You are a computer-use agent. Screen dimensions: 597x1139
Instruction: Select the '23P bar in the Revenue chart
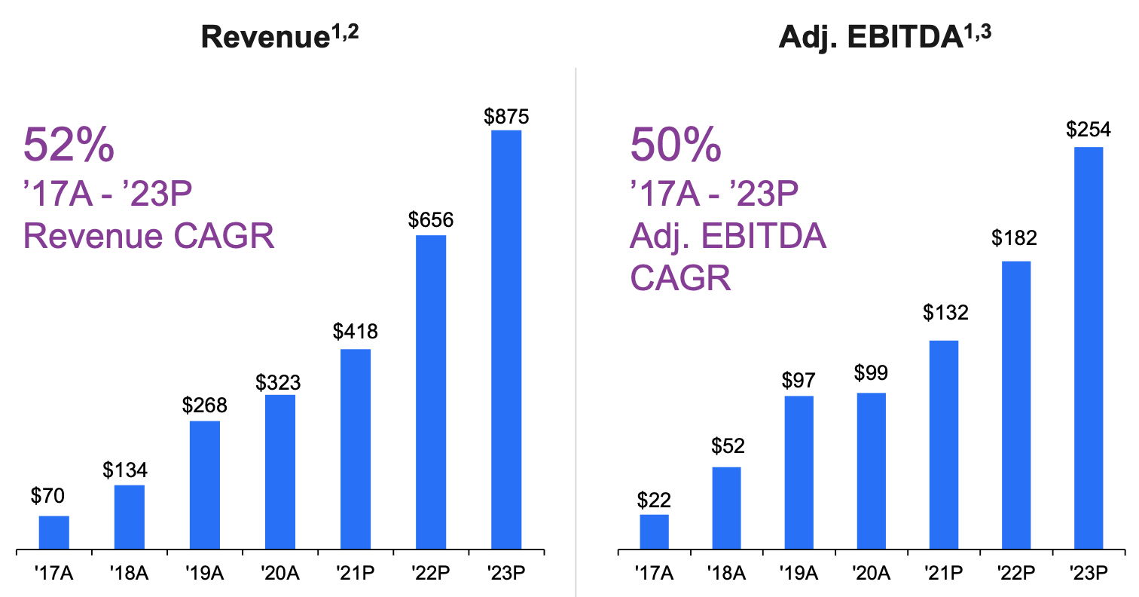point(505,339)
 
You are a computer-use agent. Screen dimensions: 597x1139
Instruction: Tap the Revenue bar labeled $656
point(430,392)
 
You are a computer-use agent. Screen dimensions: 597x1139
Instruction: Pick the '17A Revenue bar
point(54,532)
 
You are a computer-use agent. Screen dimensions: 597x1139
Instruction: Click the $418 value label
point(356,331)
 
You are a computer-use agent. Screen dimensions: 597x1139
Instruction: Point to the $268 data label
point(205,405)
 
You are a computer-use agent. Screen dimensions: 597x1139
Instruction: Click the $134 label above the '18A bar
point(126,470)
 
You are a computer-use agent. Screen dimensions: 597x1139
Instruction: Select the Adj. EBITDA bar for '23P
point(1089,347)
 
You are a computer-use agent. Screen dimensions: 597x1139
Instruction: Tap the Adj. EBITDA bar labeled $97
point(799,472)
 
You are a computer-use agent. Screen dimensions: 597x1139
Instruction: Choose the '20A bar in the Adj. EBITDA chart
point(872,470)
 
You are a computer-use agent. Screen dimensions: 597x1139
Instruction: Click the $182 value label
point(1015,238)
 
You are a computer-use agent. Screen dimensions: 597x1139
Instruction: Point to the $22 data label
point(654,499)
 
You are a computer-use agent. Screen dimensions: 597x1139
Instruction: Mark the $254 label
point(1088,130)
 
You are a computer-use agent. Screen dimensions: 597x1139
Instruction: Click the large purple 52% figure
point(69,145)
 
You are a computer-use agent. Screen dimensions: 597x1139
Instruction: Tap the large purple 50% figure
point(676,145)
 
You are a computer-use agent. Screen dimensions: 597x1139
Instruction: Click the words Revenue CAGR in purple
point(149,236)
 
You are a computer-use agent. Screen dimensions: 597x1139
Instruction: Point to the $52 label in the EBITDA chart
point(727,445)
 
